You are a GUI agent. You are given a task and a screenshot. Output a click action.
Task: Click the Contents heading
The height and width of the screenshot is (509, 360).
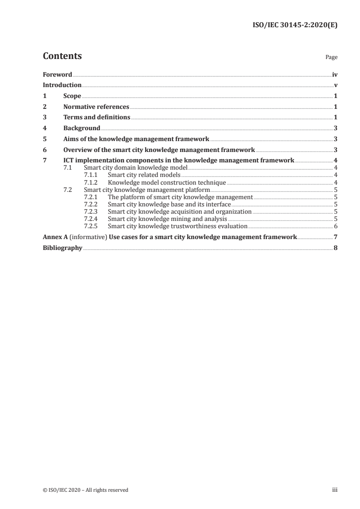coord(62,56)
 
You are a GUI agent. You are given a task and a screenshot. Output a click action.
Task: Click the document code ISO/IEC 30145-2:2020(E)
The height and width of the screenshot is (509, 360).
coord(295,25)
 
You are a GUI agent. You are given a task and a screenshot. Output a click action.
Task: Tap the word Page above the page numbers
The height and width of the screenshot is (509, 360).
coord(331,58)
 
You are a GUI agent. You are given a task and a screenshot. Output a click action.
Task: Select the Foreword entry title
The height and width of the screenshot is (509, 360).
coord(57,74)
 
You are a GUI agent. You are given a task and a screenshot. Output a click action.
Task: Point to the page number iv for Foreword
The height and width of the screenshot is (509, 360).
coord(335,74)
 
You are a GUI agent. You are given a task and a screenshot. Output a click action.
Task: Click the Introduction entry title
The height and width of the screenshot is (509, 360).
coord(62,85)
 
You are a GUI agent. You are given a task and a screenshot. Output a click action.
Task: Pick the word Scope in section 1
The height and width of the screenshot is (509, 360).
coord(72,96)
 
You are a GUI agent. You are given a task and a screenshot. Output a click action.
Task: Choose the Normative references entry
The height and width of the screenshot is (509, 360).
coord(96,107)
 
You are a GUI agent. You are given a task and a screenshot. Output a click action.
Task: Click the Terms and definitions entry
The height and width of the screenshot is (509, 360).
coord(97,117)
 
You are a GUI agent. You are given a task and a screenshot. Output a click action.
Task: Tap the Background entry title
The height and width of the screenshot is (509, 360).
coord(82,128)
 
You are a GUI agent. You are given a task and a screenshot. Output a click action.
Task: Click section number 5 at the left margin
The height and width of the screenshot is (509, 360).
coord(44,139)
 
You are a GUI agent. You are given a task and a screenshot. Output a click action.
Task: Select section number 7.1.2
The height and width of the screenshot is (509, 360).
coord(92,182)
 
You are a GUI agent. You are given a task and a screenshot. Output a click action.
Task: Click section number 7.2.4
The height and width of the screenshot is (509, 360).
coord(92,219)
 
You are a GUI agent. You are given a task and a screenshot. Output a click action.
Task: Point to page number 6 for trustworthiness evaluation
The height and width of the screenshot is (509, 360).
coord(335,226)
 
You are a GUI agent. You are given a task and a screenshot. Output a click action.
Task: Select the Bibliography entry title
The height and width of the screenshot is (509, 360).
coord(62,248)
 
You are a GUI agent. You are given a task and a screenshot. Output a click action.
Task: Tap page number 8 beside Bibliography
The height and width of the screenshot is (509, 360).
coord(335,248)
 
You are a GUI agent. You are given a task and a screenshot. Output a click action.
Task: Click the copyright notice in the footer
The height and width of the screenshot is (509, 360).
coord(85,490)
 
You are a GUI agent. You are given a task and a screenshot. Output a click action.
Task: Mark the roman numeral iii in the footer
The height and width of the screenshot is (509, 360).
coord(335,490)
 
